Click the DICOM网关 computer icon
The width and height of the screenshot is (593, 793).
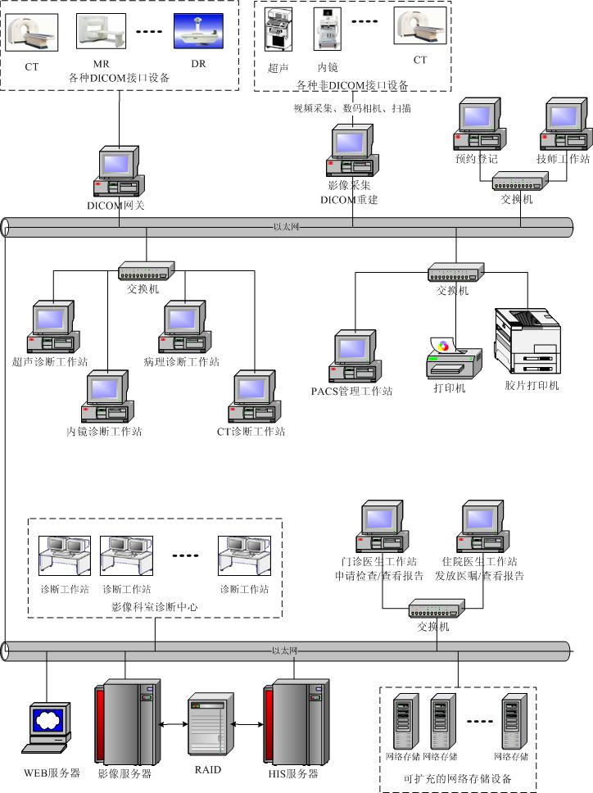[120, 172]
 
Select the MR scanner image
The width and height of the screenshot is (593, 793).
[101, 30]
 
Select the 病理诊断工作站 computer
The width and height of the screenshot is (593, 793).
[183, 328]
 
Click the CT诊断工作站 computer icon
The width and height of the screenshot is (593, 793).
[254, 397]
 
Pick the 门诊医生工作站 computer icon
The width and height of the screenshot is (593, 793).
[382, 528]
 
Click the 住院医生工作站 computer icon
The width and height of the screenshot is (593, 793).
[484, 528]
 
